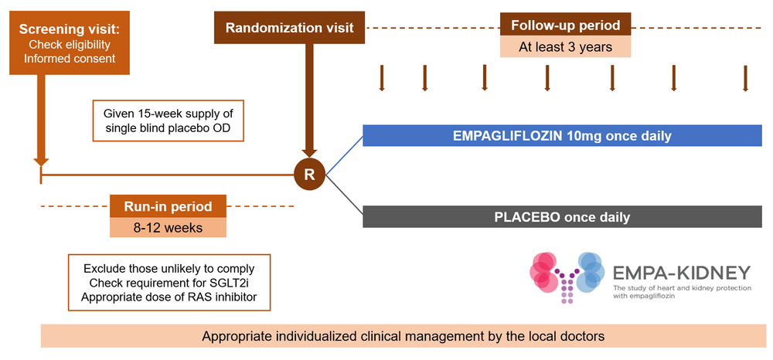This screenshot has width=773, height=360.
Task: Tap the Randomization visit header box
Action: pyautogui.click(x=289, y=28)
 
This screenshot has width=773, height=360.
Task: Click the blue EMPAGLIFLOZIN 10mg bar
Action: pyautogui.click(x=561, y=136)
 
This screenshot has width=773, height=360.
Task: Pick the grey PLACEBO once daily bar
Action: pyautogui.click(x=561, y=217)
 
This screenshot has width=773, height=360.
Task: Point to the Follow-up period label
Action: pyautogui.click(x=565, y=25)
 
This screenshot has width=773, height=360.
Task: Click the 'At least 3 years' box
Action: pyautogui.click(x=565, y=46)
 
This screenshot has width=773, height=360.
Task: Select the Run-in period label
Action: pyautogui.click(x=168, y=206)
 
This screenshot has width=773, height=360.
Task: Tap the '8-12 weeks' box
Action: pyautogui.click(x=168, y=227)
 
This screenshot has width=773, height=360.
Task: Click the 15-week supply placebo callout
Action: pyautogui.click(x=168, y=121)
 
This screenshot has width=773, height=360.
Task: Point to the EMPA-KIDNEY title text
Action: pyautogui.click(x=680, y=273)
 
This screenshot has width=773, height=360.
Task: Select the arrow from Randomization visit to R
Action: pyautogui.click(x=309, y=100)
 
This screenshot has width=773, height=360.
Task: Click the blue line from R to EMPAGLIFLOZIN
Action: pyautogui.click(x=344, y=155)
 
